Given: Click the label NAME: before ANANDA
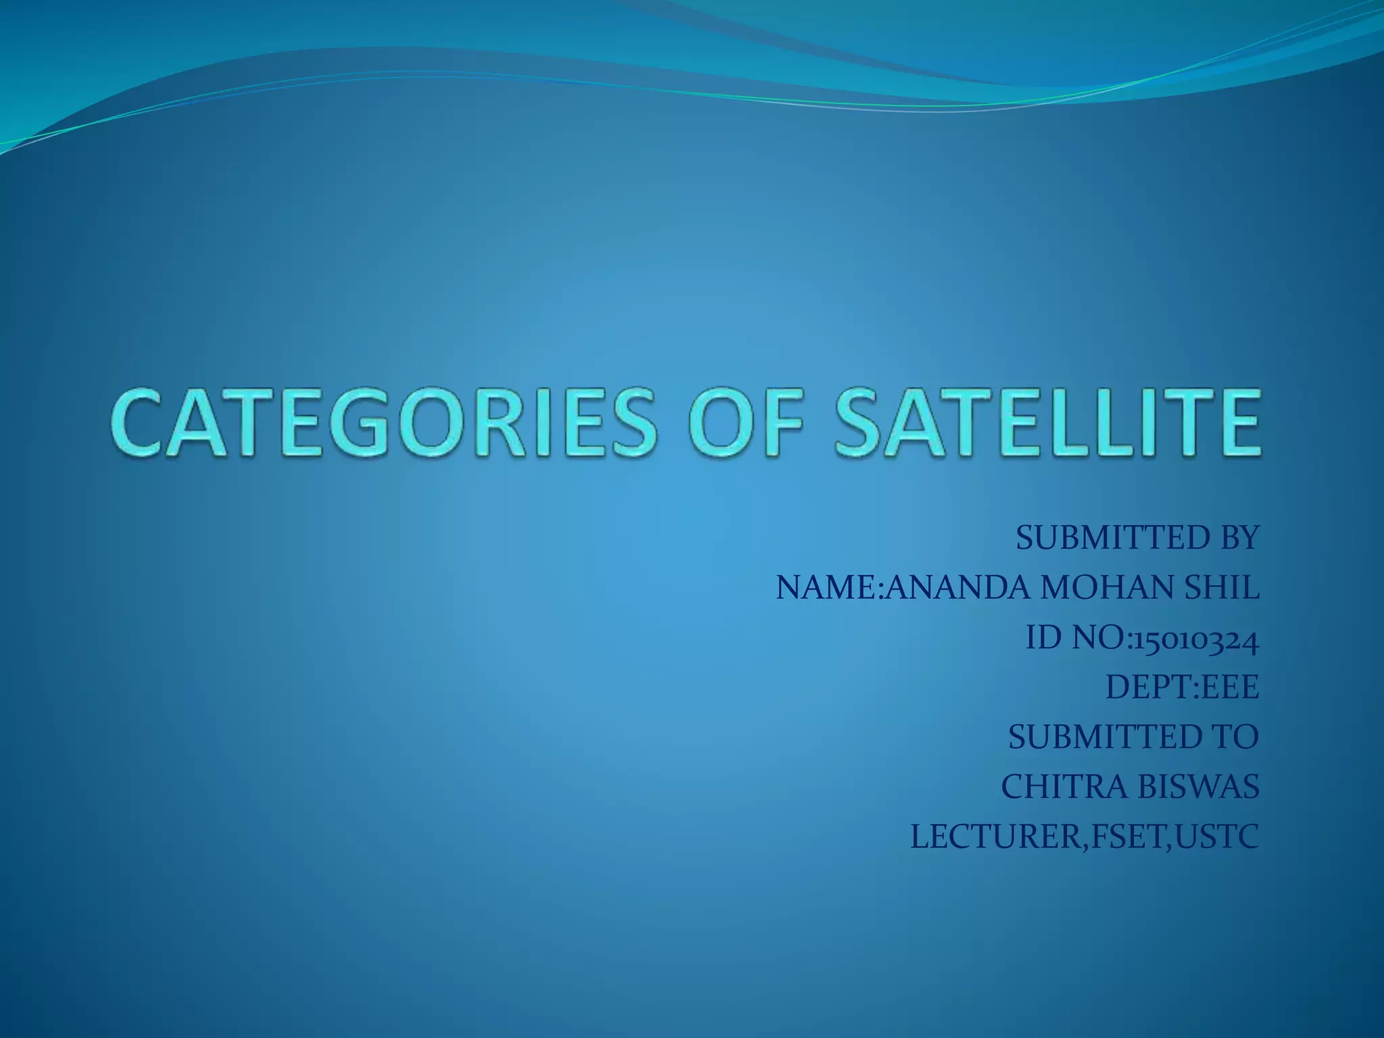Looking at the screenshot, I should [830, 588].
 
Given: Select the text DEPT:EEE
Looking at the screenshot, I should [1182, 688].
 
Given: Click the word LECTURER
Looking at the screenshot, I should [993, 837].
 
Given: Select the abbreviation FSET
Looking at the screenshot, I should [1127, 837].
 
